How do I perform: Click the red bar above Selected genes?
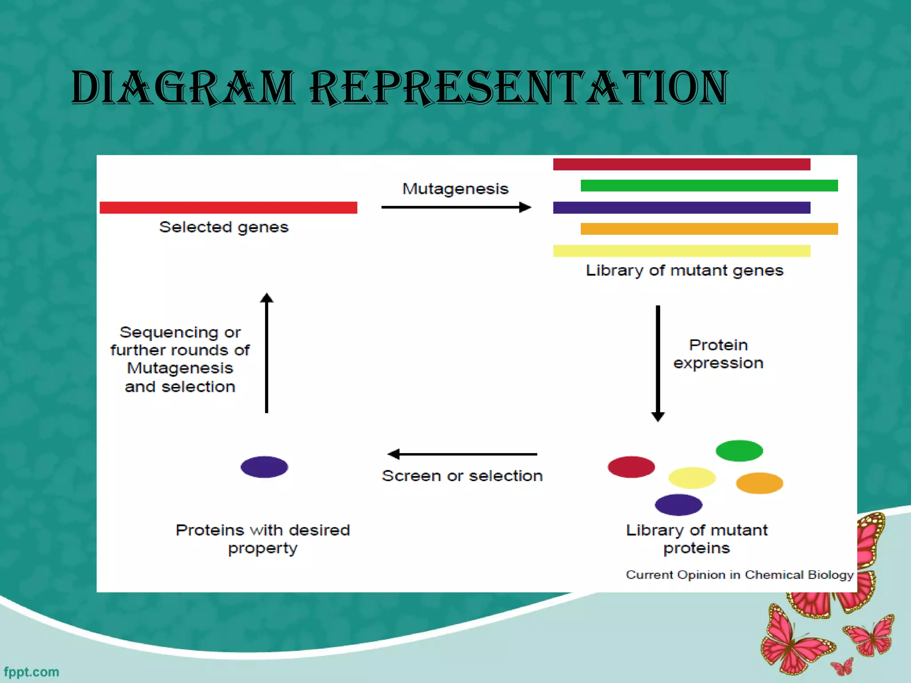(x=228, y=208)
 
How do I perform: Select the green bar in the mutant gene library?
(x=709, y=185)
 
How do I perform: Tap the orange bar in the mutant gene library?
(x=709, y=229)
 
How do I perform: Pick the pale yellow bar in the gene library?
(x=681, y=251)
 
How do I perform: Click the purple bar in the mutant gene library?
(x=681, y=208)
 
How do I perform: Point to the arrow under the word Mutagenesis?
(x=456, y=207)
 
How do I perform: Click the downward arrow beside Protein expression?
(x=658, y=362)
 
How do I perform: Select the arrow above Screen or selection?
(x=463, y=454)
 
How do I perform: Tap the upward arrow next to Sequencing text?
(x=266, y=354)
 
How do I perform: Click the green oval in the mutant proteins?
(x=739, y=450)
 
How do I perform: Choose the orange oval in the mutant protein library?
(x=759, y=483)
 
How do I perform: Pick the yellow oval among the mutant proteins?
(x=692, y=478)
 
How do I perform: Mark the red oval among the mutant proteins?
(x=631, y=467)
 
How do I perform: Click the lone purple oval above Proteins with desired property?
(x=264, y=467)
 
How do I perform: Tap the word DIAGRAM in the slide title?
(x=182, y=88)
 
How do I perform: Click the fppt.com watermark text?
(x=31, y=672)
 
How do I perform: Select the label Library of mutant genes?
(x=684, y=270)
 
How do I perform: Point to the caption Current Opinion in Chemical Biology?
(x=739, y=575)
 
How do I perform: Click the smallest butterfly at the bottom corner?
(x=842, y=667)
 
